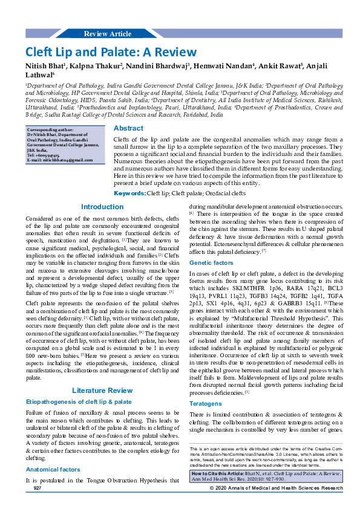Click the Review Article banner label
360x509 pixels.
click(107, 34)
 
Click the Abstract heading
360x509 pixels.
click(128, 128)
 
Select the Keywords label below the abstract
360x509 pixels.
click(130, 176)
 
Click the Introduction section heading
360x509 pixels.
click(102, 190)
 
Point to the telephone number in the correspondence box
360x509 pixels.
click(47, 155)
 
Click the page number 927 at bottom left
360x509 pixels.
click(37, 487)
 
